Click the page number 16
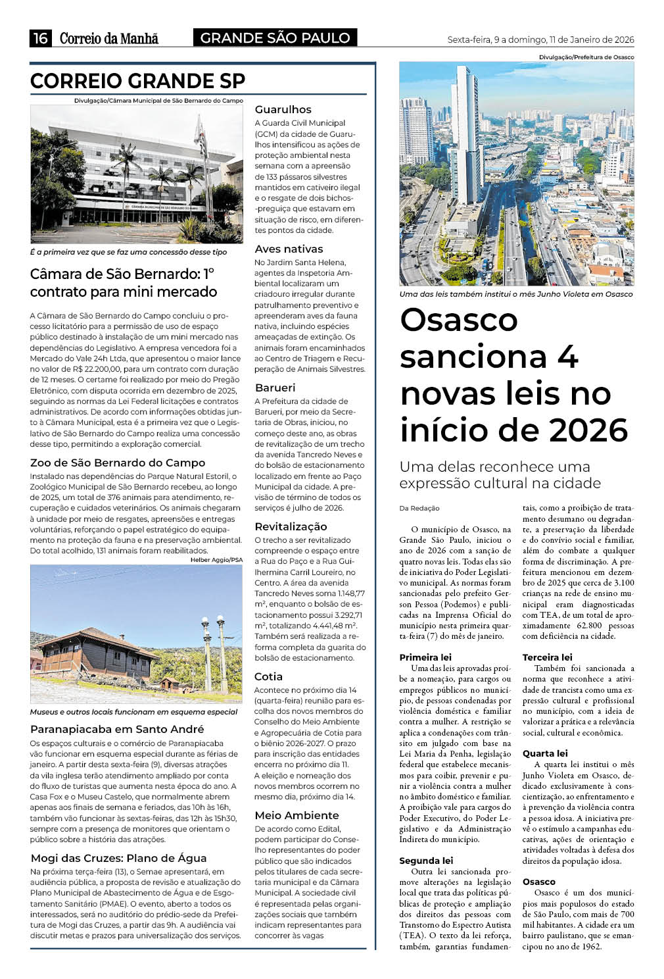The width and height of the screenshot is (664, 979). coord(40,38)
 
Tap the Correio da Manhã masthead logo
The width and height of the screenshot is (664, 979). coord(108,38)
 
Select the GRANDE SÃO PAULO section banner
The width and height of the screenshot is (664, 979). coord(275,38)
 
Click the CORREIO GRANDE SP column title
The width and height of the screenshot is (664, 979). coord(137,81)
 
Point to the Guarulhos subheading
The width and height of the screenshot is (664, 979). coord(283,109)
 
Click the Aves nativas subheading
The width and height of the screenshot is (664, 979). coord(289,249)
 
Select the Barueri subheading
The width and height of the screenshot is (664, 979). coord(275,388)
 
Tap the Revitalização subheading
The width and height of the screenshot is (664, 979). coord(290,526)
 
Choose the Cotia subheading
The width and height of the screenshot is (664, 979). coord(268,676)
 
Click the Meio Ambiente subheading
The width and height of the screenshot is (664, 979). coord(296,815)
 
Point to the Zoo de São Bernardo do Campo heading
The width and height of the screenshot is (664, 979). coord(118,463)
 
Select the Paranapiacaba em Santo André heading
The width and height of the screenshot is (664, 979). coord(117,729)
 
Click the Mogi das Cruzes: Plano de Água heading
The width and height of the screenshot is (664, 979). coord(118,858)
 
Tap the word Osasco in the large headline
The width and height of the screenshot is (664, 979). coord(459,320)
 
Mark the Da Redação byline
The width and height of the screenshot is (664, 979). coord(419,508)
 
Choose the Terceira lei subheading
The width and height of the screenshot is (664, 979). coord(547,657)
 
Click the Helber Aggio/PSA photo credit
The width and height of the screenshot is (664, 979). coord(216,560)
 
